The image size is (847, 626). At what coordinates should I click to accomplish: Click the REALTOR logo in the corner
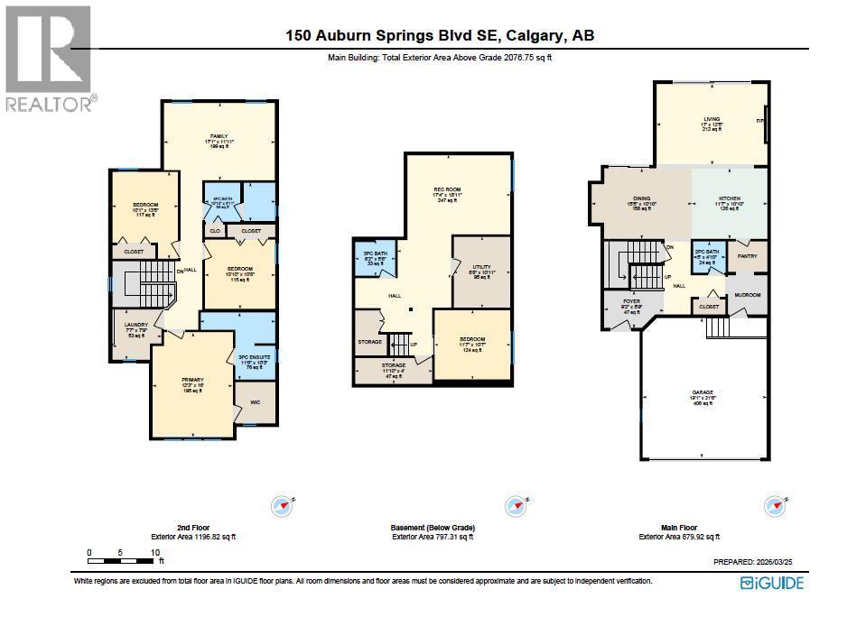pos(48,59)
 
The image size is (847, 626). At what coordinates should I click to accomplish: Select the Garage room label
pos(703,392)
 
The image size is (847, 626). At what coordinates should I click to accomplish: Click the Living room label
pos(712,118)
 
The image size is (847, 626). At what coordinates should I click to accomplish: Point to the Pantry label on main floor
pos(747,256)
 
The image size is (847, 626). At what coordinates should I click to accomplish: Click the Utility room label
pos(481,268)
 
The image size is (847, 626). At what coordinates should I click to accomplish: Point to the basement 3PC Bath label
pos(375,254)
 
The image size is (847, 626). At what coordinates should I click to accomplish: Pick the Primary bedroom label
pos(192,380)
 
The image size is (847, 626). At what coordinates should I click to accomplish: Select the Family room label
pos(219,136)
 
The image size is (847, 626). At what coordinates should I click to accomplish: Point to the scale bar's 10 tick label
pos(155,552)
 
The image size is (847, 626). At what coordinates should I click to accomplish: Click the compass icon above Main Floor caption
pos(774,505)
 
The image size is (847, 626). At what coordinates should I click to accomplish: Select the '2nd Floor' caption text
pos(193,527)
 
